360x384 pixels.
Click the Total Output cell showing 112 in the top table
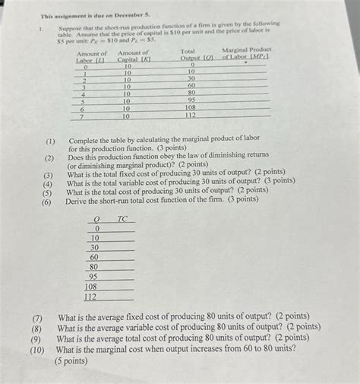coord(191,116)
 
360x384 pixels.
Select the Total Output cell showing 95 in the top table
coord(191,100)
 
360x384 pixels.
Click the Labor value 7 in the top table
coord(84,116)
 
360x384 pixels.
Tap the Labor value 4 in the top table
coord(84,94)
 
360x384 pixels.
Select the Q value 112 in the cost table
coord(90,297)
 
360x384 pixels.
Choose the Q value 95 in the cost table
coord(93,277)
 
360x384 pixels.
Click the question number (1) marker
coord(49,141)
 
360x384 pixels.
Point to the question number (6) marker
coord(47,202)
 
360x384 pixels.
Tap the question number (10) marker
coord(37,350)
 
